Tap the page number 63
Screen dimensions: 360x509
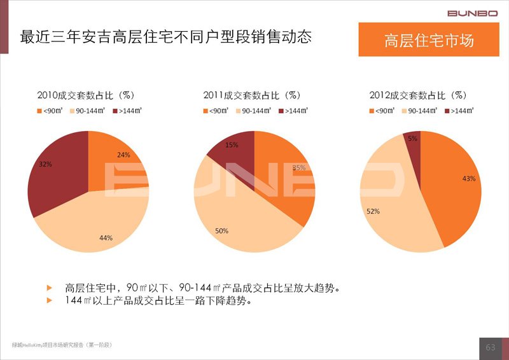pyautogui.click(x=490, y=347)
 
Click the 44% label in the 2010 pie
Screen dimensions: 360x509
pyautogui.click(x=106, y=238)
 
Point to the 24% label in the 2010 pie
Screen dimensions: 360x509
pyautogui.click(x=123, y=155)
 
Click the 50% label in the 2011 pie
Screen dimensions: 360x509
pyautogui.click(x=221, y=231)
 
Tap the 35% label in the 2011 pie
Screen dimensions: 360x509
pyautogui.click(x=298, y=167)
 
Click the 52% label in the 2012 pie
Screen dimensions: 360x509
pyautogui.click(x=373, y=211)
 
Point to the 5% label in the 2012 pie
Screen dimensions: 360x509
pyautogui.click(x=413, y=138)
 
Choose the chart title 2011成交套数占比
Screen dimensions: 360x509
pyautogui.click(x=252, y=95)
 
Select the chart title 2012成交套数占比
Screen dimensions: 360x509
pyautogui.click(x=418, y=95)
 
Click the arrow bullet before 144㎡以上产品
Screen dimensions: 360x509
pyautogui.click(x=50, y=300)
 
